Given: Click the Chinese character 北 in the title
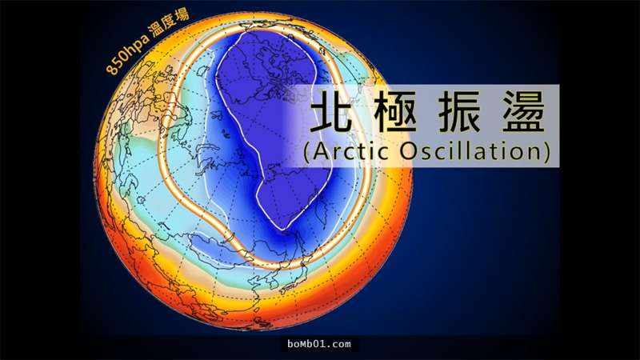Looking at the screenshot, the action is (x=330, y=111).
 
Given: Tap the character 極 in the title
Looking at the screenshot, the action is (x=395, y=111).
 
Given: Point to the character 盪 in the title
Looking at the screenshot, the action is (x=524, y=111).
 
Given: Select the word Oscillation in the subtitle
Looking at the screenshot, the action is (x=470, y=151).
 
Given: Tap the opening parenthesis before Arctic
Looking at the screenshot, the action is (x=307, y=152).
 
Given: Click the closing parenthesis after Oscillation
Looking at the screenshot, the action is (x=546, y=152).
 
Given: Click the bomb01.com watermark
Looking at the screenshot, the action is (x=318, y=344).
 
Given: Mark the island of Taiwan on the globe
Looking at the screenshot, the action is (x=256, y=310).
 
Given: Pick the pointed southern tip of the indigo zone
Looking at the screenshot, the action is (x=282, y=230).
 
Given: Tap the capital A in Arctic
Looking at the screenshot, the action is (x=321, y=151).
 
